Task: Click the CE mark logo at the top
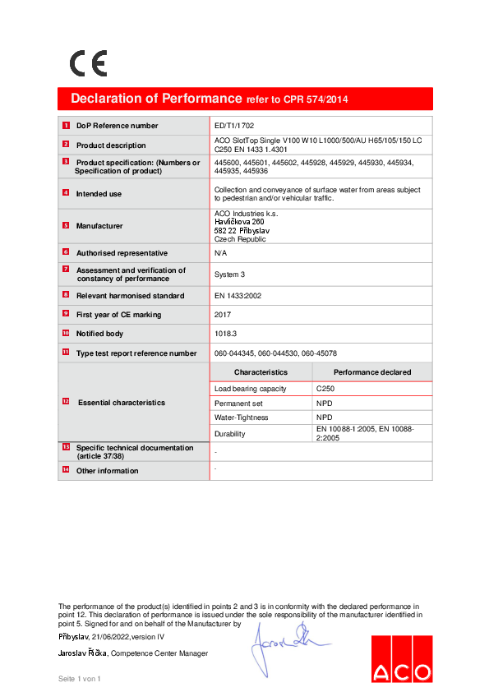pos(88,63)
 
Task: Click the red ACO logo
pos(400,659)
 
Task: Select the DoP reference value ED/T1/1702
pos(234,126)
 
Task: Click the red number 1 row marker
pos(66,126)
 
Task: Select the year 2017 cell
pos(223,315)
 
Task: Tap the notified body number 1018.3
pos(225,334)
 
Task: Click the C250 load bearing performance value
pos(325,389)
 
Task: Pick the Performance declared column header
pos(372,372)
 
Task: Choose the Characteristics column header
pos(261,372)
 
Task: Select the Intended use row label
pos(99,194)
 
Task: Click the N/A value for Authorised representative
pos(220,253)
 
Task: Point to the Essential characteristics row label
pos(121,403)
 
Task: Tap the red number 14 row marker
pos(66,470)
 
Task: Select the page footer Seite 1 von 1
pos(79,679)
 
